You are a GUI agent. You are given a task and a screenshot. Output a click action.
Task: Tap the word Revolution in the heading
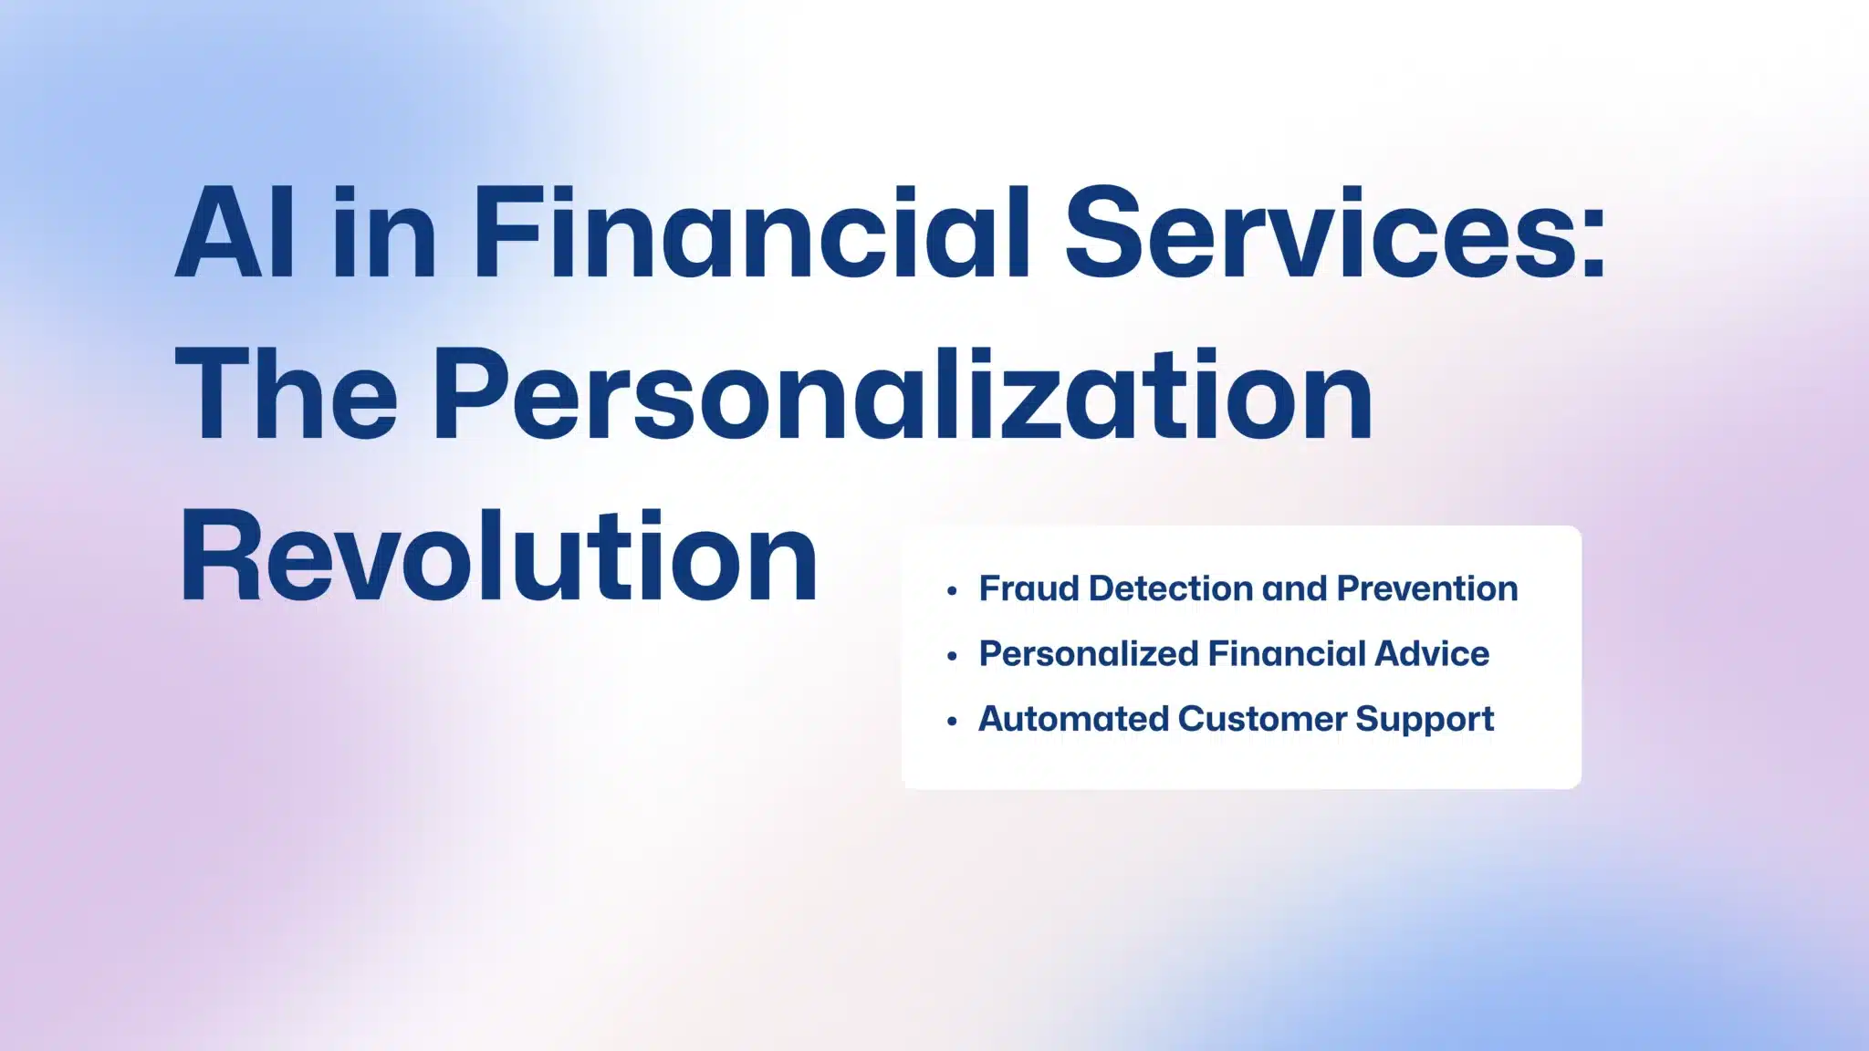point(499,556)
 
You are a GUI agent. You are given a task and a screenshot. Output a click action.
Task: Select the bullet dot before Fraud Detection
point(952,591)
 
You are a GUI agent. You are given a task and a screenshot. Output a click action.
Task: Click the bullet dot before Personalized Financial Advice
point(952,656)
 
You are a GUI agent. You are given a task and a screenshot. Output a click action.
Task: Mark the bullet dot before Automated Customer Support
point(952,722)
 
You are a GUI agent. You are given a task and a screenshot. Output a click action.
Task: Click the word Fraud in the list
point(1029,588)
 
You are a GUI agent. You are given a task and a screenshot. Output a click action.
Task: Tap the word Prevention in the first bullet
point(1427,588)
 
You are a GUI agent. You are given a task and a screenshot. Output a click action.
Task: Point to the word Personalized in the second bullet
point(1089,654)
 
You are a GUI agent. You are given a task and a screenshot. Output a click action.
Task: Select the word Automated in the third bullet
point(1073,719)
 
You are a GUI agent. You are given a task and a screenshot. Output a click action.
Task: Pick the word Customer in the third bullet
point(1262,719)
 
